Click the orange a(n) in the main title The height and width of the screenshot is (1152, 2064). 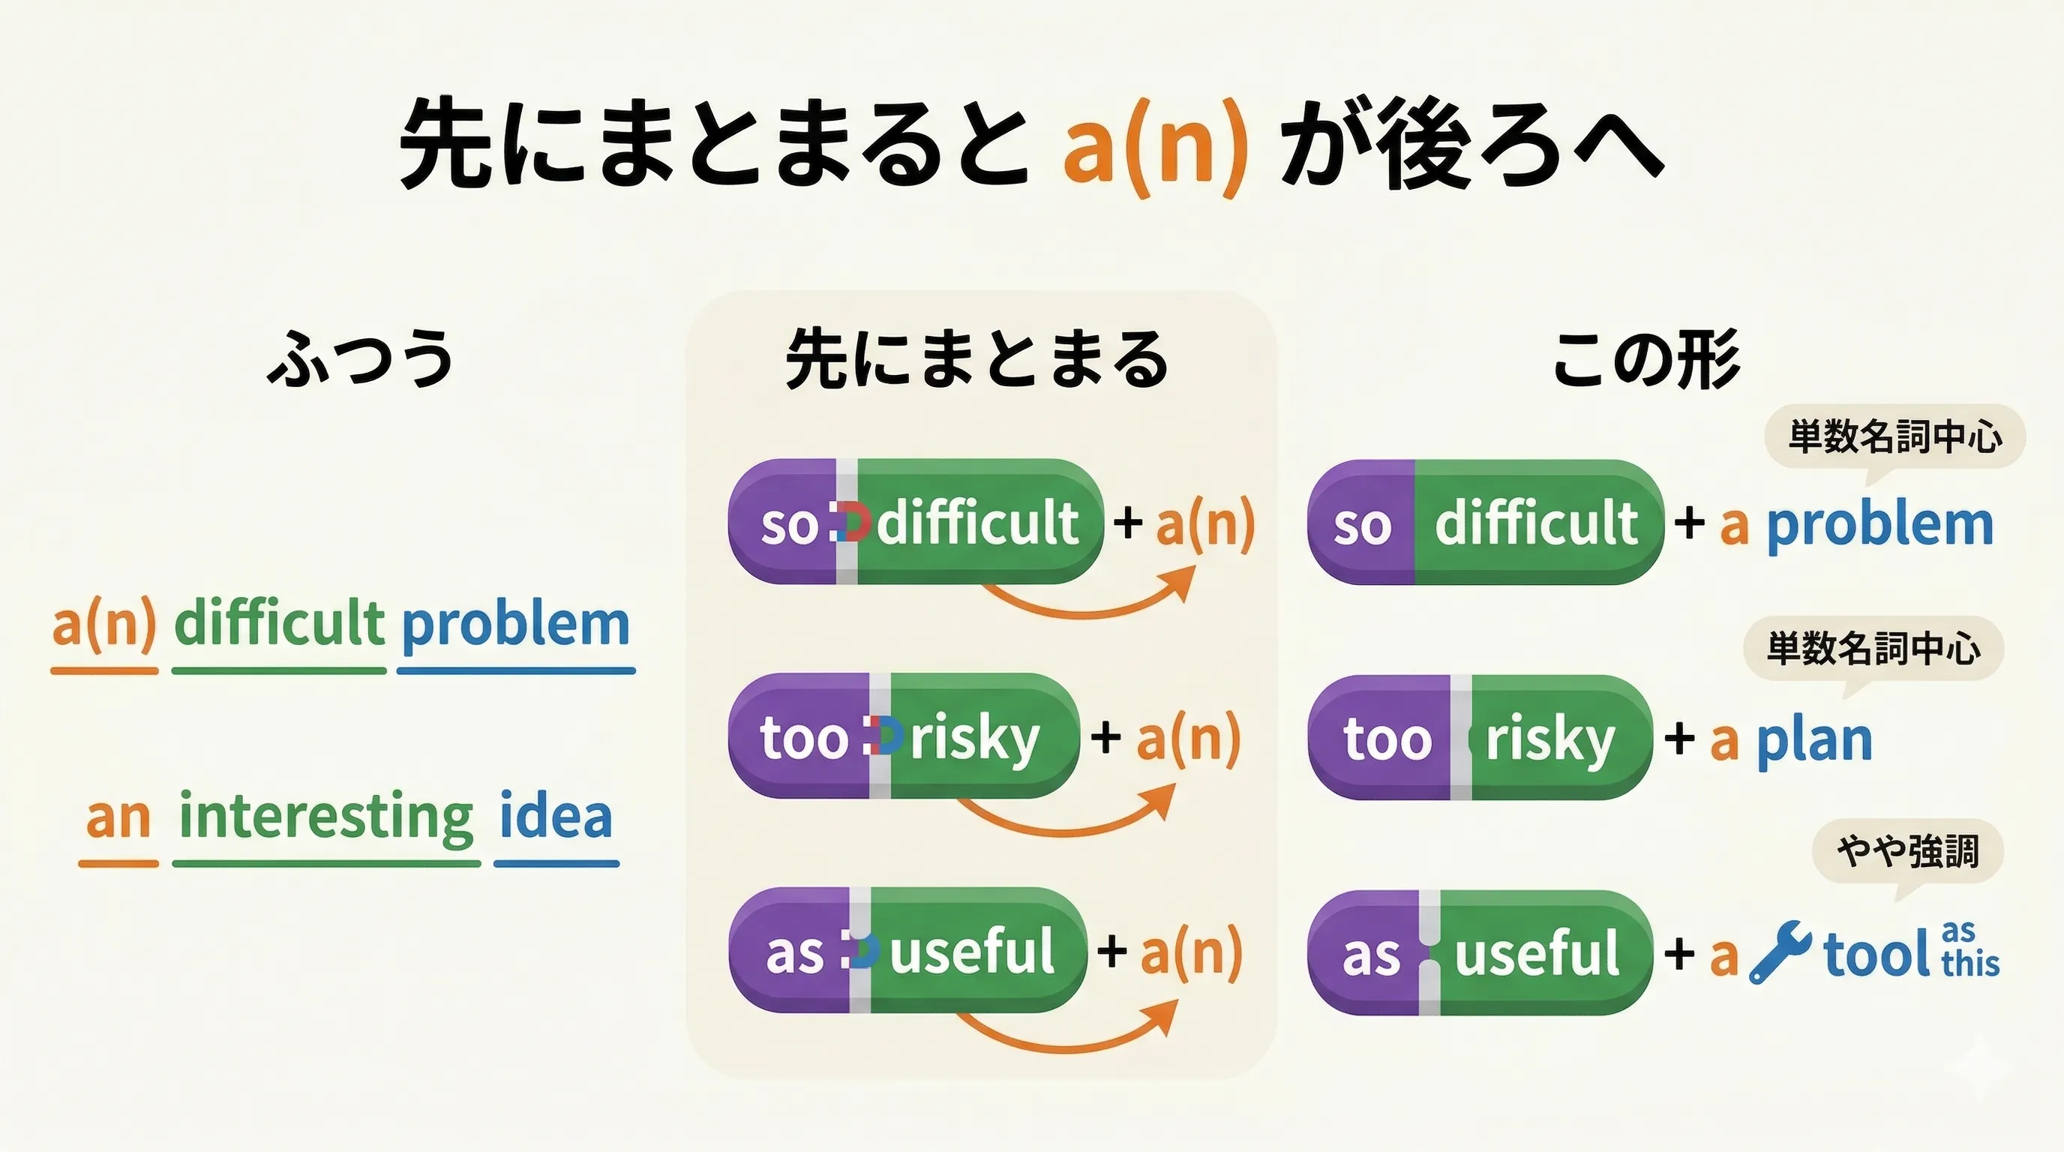(1154, 148)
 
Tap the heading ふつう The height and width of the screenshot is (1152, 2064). (361, 357)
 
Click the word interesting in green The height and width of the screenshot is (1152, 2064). (326, 817)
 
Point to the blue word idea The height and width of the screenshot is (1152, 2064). (556, 817)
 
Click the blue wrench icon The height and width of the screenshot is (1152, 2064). (1780, 952)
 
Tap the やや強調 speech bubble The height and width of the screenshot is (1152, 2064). (1908, 850)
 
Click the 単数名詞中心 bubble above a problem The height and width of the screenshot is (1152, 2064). (1894, 436)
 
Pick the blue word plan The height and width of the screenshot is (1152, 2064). (1814, 740)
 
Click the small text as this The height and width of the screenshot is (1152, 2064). (1970, 950)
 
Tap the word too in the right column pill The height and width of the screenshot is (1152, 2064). (1387, 739)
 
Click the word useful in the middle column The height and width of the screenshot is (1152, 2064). (971, 951)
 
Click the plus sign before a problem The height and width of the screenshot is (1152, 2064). (1689, 524)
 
